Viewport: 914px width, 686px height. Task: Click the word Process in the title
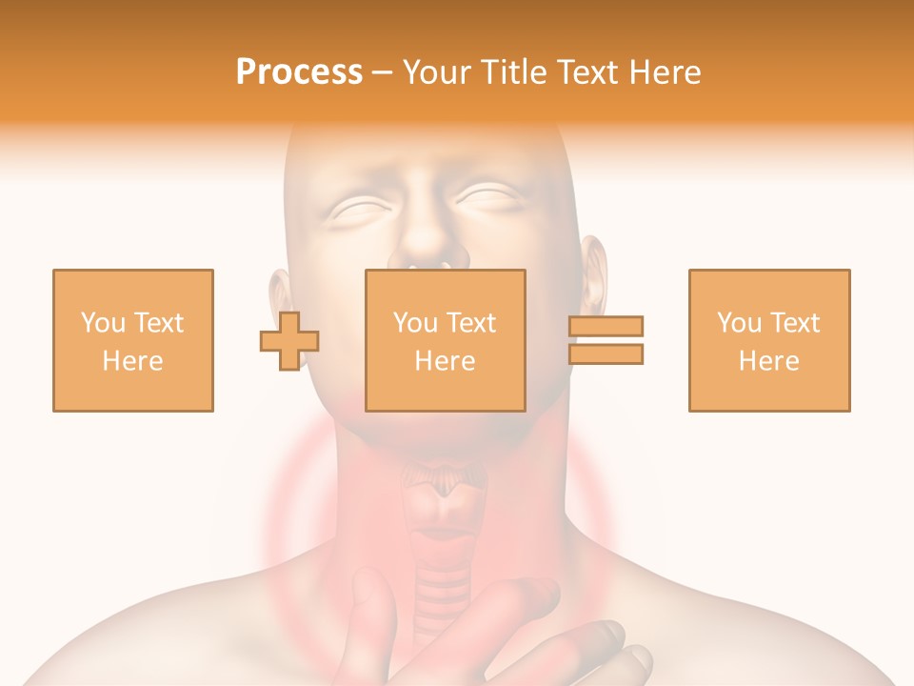(299, 72)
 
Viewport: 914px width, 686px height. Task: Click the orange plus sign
(289, 341)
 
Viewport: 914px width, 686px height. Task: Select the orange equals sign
(606, 340)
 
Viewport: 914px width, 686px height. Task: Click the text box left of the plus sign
(132, 340)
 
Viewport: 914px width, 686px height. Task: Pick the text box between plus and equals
(445, 340)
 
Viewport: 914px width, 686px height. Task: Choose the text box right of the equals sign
(768, 340)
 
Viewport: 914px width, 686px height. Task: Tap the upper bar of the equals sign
(606, 327)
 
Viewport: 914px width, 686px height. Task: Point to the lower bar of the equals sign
(606, 353)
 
